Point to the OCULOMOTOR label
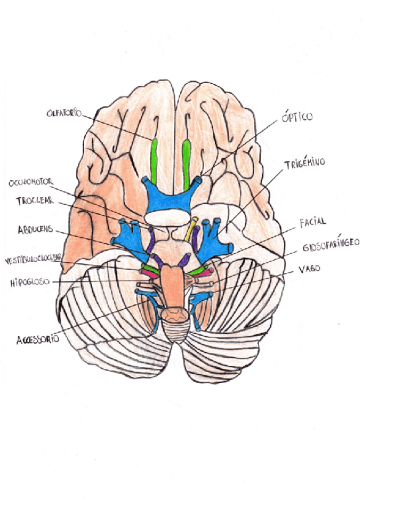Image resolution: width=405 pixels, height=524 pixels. pyautogui.click(x=34, y=183)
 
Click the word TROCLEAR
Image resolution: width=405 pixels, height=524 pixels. pyautogui.click(x=36, y=201)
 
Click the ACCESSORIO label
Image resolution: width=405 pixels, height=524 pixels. pyautogui.click(x=38, y=339)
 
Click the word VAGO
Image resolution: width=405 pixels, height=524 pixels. pyautogui.click(x=309, y=269)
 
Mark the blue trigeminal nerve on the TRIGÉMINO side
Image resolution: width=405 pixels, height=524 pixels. pyautogui.click(x=213, y=234)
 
